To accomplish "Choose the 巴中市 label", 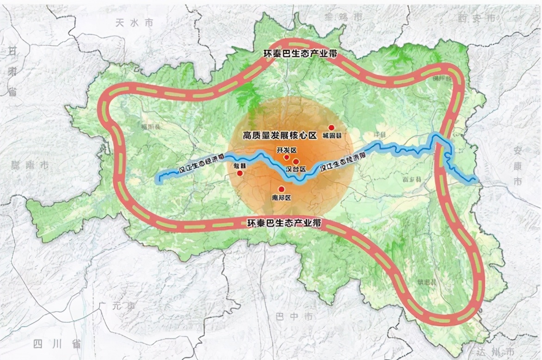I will click(294, 317).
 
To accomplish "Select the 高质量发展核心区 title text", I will click(279, 135).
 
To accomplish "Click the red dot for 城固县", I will click(331, 127).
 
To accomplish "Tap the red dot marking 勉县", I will click(240, 173).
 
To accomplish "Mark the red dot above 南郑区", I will click(281, 189).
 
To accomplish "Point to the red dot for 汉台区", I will click(296, 161).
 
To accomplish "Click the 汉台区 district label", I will click(296, 169).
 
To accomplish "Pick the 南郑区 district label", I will click(281, 198).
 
